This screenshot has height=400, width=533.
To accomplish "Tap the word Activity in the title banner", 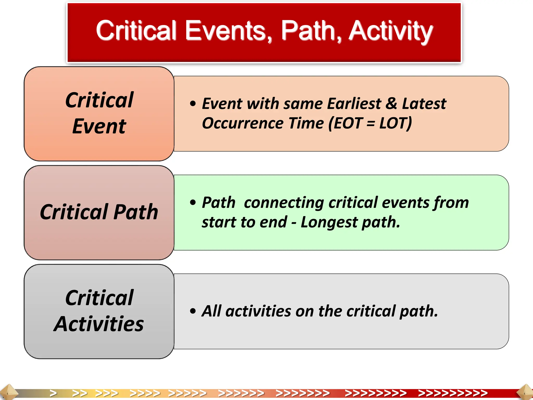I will [x=390, y=31].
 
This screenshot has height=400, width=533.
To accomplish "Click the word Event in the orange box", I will [x=99, y=126].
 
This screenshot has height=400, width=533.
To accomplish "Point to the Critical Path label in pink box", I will [x=99, y=212].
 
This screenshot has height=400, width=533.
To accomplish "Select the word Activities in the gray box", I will [x=99, y=324].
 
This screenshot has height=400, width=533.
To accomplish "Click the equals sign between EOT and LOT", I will [x=371, y=123].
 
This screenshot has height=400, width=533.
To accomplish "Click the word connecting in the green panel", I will [x=284, y=203].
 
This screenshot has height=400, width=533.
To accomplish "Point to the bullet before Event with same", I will [x=193, y=104].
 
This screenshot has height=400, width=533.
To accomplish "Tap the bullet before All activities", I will [x=193, y=311].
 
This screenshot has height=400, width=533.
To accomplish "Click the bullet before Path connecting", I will [x=193, y=202].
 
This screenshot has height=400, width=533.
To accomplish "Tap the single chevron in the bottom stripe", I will [x=53, y=393].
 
